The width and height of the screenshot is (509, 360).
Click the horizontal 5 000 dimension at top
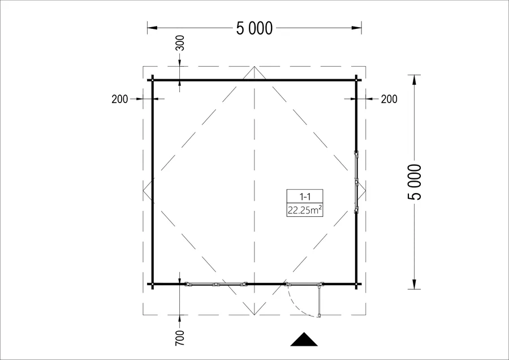254,28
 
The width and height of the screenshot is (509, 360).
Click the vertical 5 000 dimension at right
415,182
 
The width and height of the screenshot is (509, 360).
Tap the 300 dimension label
179,43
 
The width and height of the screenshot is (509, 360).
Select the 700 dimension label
179,338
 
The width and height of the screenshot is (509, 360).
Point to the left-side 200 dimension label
120,99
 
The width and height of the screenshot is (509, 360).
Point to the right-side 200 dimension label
389,99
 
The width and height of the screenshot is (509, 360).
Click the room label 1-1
305,196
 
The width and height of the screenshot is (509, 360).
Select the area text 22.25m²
305,210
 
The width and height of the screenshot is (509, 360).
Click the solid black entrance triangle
304,340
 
